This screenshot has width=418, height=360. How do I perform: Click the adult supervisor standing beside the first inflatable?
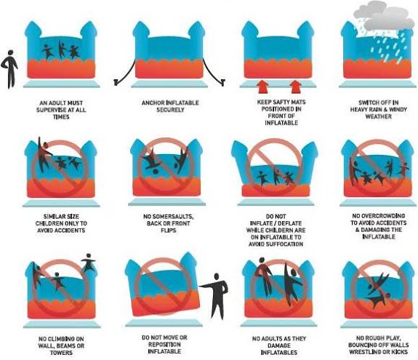point(9,69)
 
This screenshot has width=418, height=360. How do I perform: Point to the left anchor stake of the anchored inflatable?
point(116,82)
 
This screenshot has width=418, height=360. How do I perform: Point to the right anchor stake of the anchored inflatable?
point(223,82)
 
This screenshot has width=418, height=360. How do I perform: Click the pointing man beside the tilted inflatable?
point(216,296)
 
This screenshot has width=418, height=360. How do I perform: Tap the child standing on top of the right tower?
point(88,263)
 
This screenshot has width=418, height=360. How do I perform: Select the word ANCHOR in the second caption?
point(153,103)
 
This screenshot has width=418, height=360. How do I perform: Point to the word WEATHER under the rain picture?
point(379,116)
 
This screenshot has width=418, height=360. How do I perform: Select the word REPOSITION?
point(164,345)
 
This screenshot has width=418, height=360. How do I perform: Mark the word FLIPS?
point(169,230)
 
